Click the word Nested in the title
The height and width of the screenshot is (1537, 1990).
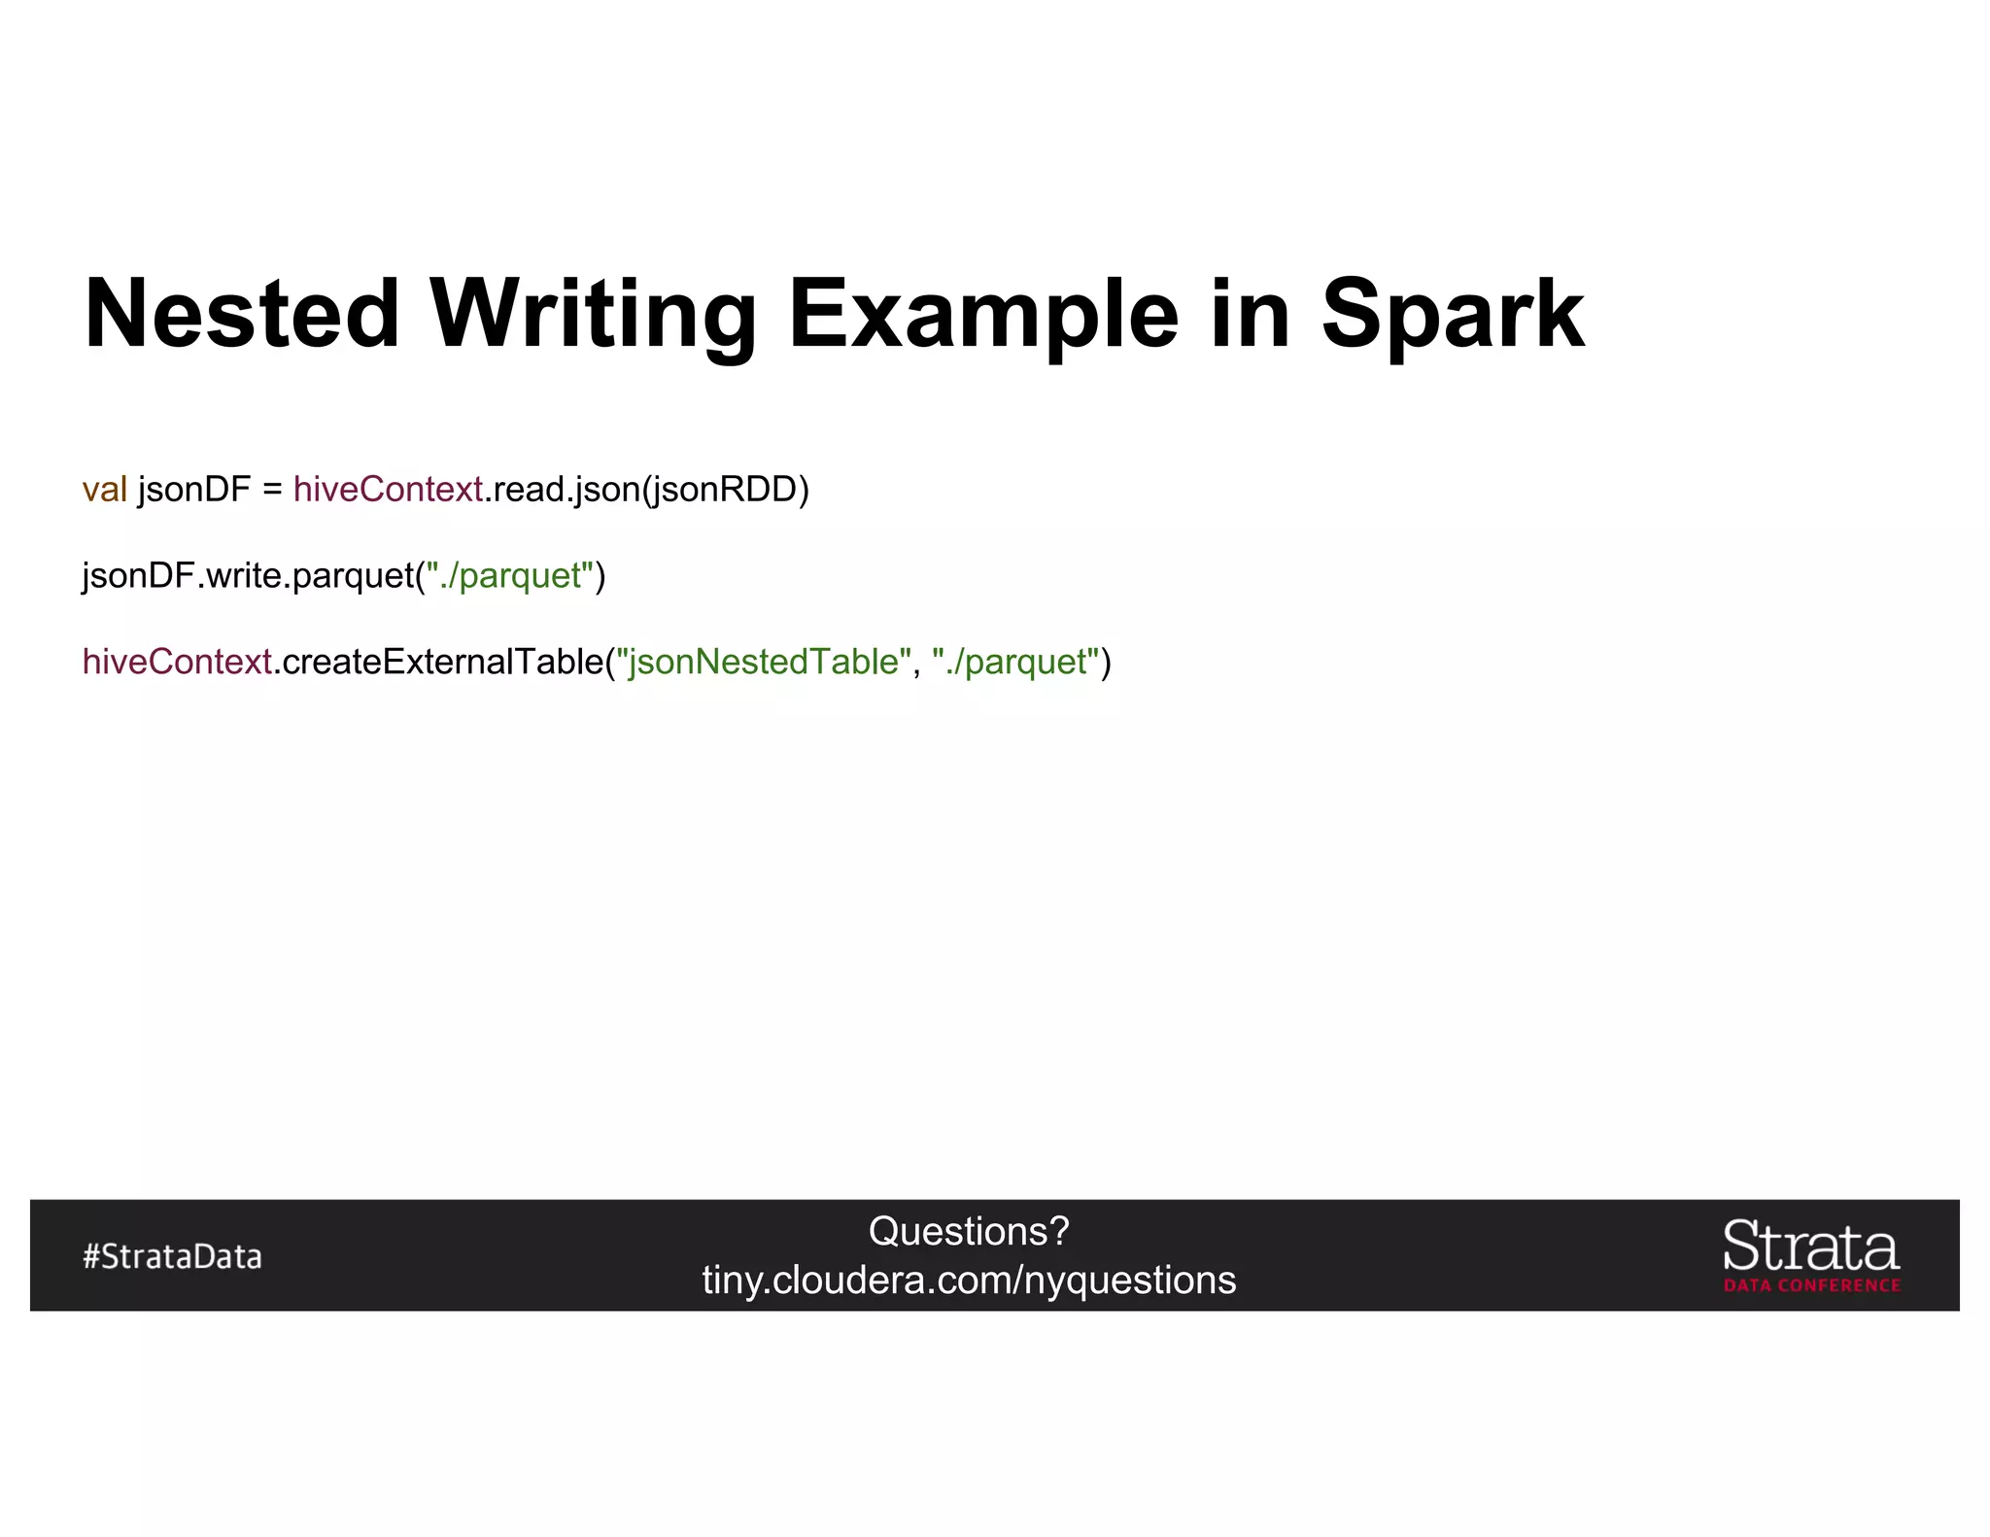tap(242, 314)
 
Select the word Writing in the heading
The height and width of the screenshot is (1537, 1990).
tap(593, 314)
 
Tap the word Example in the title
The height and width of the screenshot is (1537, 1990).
tap(982, 314)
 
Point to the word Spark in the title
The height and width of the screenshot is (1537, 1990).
tap(1452, 314)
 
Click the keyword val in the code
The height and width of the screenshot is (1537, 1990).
tap(104, 490)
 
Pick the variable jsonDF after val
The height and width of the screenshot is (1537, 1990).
tap(194, 490)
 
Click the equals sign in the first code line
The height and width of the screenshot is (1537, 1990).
tap(272, 490)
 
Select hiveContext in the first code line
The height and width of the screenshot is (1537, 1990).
tap(388, 490)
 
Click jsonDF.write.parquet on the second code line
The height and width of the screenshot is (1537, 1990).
tap(249, 576)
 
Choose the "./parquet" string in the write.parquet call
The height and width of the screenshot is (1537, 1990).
tap(510, 576)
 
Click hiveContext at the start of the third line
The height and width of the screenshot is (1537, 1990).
tap(177, 662)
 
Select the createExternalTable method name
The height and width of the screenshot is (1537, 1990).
tap(443, 662)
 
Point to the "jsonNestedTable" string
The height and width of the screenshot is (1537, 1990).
tap(764, 662)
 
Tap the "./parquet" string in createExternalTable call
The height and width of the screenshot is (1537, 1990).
tap(1015, 662)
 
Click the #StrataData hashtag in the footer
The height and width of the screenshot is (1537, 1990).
tap(172, 1256)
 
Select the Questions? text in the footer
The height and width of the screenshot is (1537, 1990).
tap(969, 1232)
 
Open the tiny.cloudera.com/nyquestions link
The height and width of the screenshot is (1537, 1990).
tap(969, 1281)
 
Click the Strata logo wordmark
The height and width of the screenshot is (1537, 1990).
tap(1811, 1247)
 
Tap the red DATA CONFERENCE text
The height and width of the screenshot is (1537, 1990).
tap(1812, 1285)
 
